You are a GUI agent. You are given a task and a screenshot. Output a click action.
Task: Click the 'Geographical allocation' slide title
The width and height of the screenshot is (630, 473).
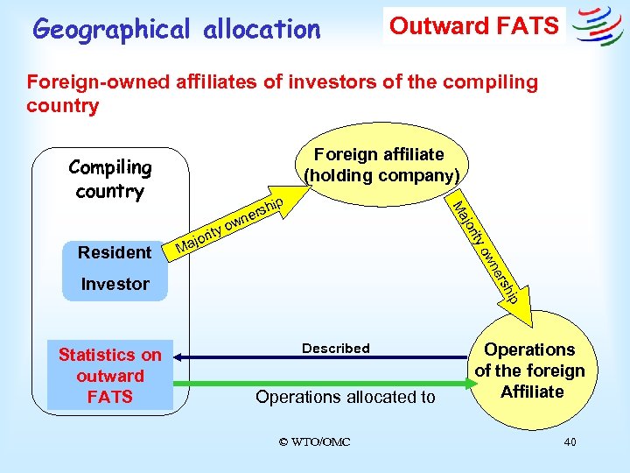pyautogui.click(x=176, y=30)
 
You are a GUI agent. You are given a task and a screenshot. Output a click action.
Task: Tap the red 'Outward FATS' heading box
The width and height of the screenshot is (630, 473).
pyautogui.click(x=473, y=25)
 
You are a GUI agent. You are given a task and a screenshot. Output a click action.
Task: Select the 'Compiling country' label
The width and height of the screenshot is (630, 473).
pyautogui.click(x=109, y=179)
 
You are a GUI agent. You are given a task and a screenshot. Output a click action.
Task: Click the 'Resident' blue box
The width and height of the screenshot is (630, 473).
pyautogui.click(x=115, y=252)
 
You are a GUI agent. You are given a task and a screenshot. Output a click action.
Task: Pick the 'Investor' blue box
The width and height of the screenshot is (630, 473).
pyautogui.click(x=115, y=284)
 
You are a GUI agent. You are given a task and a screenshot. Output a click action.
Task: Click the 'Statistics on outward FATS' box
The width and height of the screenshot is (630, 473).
pyautogui.click(x=110, y=376)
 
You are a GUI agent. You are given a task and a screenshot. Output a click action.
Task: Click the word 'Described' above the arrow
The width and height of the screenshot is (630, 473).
pyautogui.click(x=336, y=349)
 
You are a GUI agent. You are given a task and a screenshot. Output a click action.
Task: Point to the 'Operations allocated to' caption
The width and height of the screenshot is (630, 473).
pyautogui.click(x=345, y=397)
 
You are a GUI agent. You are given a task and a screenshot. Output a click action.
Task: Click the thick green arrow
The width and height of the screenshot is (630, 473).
pyautogui.click(x=324, y=383)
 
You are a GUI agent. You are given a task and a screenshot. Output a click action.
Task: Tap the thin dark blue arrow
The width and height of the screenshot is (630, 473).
pyautogui.click(x=324, y=357)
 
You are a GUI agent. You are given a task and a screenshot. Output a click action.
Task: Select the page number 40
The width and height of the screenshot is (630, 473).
pyautogui.click(x=570, y=441)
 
